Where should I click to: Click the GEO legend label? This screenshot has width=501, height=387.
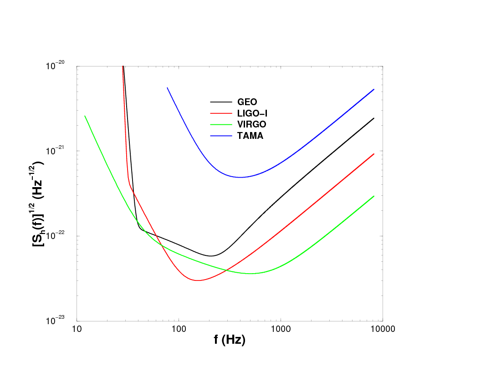[247, 102]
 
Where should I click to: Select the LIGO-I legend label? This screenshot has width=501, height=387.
[252, 113]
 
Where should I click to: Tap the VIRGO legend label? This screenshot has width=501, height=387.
[251, 124]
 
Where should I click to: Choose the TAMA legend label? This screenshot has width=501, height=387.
[250, 136]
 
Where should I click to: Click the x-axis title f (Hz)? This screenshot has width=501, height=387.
[230, 340]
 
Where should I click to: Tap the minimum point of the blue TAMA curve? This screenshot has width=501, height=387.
[240, 177]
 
